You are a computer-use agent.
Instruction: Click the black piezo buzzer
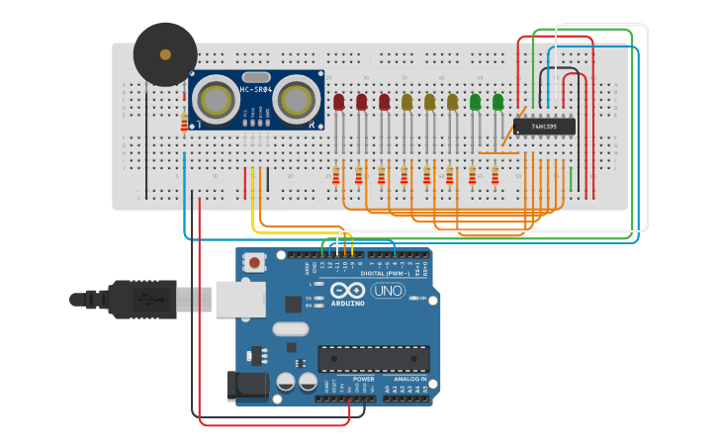coord(165,54)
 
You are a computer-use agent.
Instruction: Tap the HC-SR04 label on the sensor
coord(255,90)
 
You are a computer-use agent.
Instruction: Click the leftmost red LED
coord(339,102)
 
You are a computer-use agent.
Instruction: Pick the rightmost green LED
coord(497,101)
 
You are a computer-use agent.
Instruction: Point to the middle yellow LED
coord(429,102)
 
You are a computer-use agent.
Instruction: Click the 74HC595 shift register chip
coord(544,127)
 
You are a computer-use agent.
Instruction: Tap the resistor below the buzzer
coord(184,123)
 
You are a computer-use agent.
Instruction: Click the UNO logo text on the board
coord(387,291)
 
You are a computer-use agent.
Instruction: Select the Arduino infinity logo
coord(348,291)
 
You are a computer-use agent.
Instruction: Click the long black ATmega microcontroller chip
coord(373,359)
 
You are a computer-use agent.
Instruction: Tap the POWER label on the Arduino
coord(364,379)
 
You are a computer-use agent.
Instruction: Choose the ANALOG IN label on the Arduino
coord(410,379)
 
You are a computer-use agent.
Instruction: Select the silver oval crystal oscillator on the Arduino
coord(290,328)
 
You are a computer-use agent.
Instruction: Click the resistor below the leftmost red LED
coord(336,175)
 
